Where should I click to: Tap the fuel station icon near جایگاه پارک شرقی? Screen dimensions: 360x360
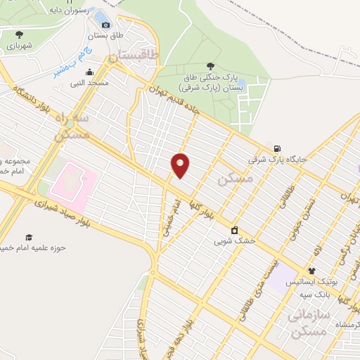(279, 148)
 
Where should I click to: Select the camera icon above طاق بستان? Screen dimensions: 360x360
(106, 25)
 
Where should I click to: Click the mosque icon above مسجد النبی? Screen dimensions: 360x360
(89, 72)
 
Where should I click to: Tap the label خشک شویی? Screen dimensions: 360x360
(234, 240)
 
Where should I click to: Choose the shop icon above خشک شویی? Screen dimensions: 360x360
(234, 230)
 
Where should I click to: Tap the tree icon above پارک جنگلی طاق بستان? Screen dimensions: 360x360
(214, 63)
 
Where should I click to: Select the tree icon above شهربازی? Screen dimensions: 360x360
(19, 33)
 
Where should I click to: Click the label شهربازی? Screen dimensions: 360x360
(20, 44)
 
